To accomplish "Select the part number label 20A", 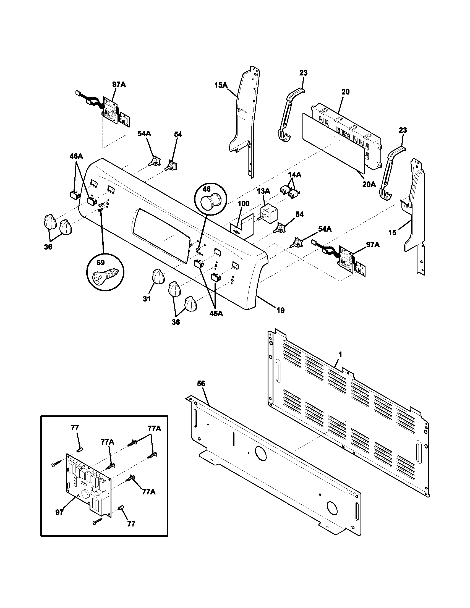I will (369, 184).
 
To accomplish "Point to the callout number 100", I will (244, 203).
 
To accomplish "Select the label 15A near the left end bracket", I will (221, 85).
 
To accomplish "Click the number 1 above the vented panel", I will (340, 355).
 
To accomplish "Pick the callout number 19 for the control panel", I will (281, 310).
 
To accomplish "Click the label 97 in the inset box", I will (59, 512).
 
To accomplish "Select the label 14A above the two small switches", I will (294, 175).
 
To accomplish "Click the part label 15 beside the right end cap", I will (392, 232).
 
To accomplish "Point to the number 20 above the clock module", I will (345, 92).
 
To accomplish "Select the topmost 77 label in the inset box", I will (75, 428).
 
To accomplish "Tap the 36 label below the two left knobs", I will (48, 247).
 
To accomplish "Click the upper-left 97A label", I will (119, 85).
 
